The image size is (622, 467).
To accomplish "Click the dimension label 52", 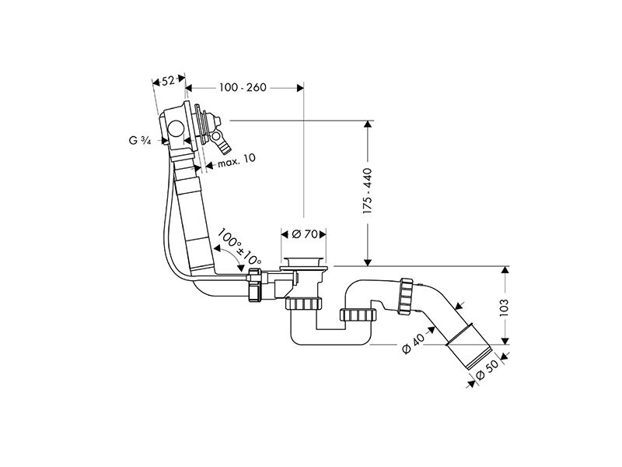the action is tap(168, 81).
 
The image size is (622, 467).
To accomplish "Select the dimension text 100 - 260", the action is tap(243, 87).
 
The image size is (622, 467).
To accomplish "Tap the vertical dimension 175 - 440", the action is tap(368, 191).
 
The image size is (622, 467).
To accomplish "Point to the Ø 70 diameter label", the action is tap(305, 234).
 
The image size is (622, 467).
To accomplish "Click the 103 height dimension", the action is tap(504, 307).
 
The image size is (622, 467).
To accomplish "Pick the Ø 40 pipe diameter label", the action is tap(413, 343).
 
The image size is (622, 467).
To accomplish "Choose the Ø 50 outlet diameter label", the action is tap(487, 370).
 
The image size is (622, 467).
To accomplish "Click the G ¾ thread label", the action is tap(140, 140).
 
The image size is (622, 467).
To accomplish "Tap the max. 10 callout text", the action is tap(236, 160).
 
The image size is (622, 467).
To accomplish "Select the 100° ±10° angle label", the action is tap(239, 247).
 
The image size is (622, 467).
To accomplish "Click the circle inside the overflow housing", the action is tap(175, 129).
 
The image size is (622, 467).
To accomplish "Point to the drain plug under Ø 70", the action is tap(304, 264).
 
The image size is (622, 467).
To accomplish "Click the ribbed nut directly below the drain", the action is tap(303, 304).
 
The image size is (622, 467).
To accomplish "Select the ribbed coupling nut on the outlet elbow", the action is tap(406, 297).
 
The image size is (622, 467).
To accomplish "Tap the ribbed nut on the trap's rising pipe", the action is tap(358, 314).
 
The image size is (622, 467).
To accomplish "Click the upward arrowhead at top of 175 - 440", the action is tap(368, 124).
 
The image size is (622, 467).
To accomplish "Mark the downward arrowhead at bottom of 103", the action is tap(505, 341).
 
